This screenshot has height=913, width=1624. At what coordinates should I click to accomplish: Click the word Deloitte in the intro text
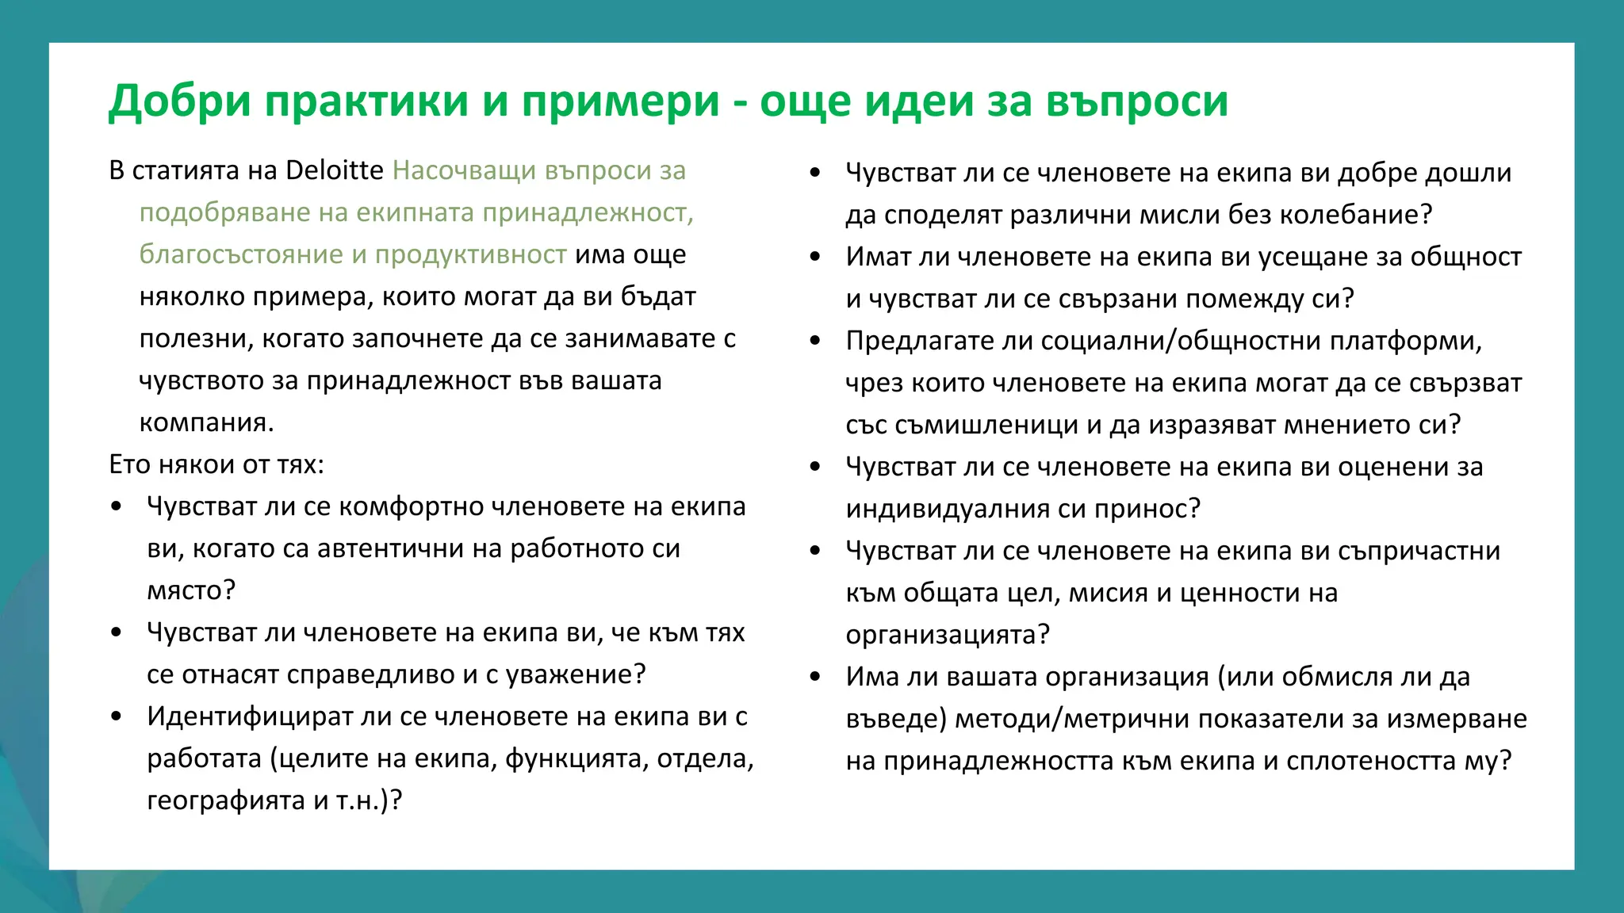[334, 170]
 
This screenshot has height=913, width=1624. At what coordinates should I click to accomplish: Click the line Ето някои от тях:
[216, 464]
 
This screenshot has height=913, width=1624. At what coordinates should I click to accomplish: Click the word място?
[191, 590]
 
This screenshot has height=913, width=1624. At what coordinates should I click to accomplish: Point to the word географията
[226, 800]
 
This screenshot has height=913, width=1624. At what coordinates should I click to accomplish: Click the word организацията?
[948, 635]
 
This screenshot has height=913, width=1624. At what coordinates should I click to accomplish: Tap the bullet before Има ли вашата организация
[815, 677]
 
